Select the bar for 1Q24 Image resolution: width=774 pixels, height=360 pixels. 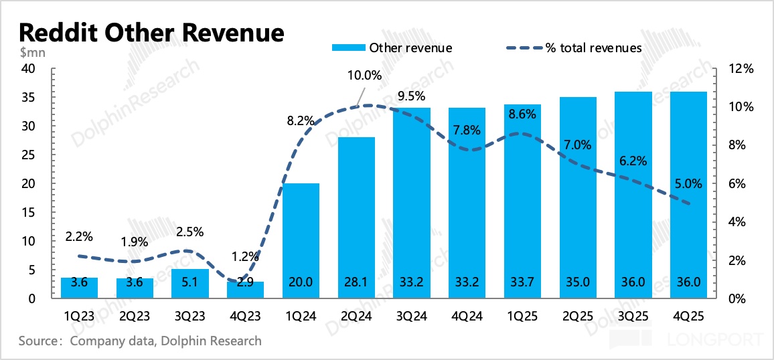coord(300,241)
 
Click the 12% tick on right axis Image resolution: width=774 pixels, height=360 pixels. coord(743,69)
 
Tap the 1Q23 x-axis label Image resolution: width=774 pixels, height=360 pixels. coord(79,314)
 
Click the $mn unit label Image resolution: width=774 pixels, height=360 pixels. coord(31,52)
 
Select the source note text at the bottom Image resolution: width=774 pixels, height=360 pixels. coord(140,341)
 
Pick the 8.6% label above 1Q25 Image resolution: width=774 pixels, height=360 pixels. coord(523,114)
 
